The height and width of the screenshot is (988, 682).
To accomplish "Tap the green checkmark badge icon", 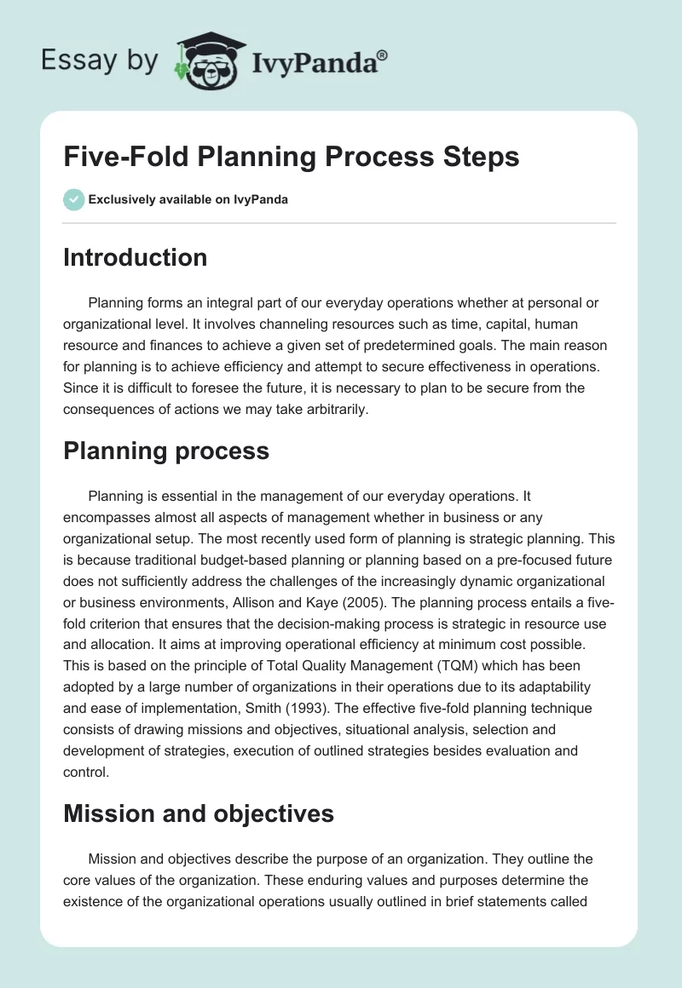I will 73,200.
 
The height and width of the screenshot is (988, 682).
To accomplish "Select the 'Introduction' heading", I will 135,257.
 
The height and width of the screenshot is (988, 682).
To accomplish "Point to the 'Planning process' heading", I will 165,451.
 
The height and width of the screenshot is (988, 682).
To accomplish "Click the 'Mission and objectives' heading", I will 198,814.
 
